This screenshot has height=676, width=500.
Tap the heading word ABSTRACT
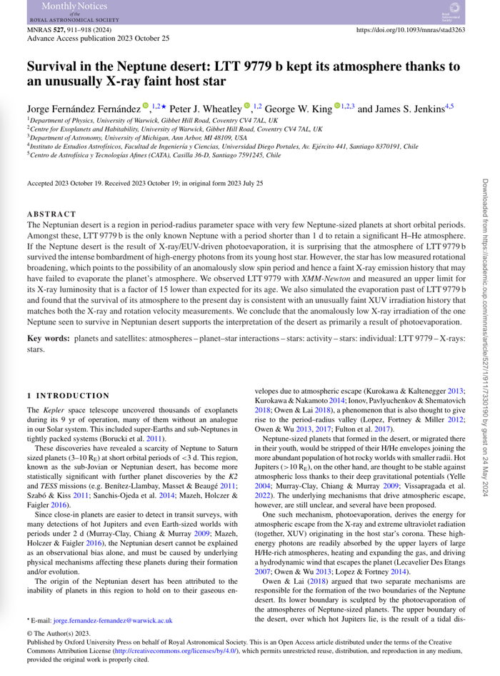point(51,214)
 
